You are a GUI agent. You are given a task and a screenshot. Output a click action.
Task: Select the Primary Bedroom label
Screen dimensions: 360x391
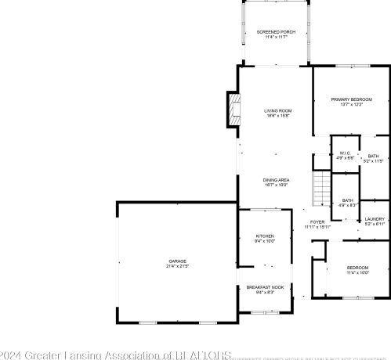(351, 99)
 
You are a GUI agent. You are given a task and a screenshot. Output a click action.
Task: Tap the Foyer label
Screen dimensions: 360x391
(317, 222)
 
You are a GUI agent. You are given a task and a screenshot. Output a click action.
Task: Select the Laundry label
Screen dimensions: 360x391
(375, 219)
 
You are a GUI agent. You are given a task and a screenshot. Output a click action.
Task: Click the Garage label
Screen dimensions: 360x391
(177, 261)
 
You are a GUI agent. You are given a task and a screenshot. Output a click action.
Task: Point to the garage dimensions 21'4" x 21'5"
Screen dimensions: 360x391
(177, 267)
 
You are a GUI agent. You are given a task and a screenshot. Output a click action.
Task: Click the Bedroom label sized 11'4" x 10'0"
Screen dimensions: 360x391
(357, 268)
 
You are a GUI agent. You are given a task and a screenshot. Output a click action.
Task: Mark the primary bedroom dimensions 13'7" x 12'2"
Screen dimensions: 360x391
(351, 105)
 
